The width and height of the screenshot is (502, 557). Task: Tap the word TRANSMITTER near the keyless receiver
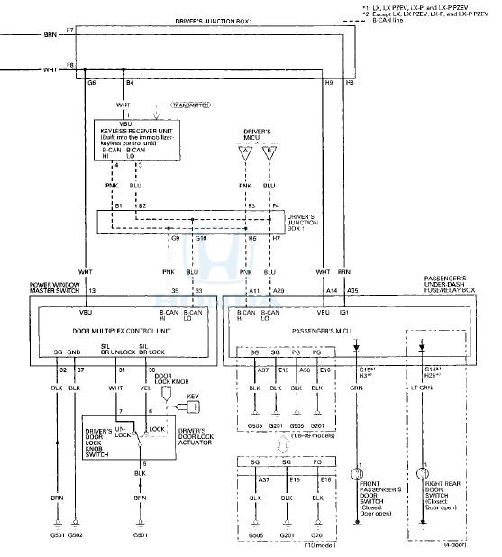[x=178, y=105]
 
